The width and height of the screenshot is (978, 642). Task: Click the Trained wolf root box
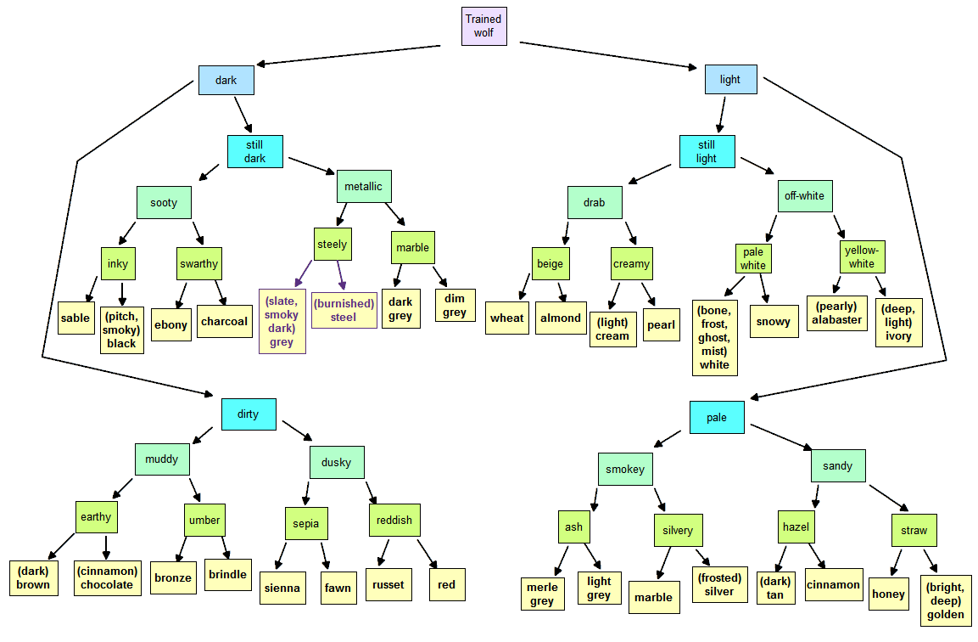(484, 26)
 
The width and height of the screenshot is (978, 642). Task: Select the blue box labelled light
(731, 79)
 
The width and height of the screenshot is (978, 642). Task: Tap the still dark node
(255, 152)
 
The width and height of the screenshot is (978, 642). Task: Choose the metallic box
(364, 186)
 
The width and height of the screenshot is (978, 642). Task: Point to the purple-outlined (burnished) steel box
(344, 310)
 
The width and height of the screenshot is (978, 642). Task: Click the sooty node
(164, 202)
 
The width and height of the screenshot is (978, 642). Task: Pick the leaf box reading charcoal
(225, 321)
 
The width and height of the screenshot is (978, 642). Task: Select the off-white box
(805, 195)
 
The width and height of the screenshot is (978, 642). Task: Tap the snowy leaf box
(774, 322)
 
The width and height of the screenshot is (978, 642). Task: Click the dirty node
(249, 414)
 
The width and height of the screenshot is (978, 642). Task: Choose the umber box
(204, 521)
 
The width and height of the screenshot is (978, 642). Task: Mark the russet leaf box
(388, 584)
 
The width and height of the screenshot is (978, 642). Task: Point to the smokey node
(626, 469)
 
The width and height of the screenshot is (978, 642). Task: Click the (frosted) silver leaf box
(720, 584)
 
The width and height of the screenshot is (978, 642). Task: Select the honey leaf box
(889, 594)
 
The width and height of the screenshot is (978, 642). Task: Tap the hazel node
(796, 527)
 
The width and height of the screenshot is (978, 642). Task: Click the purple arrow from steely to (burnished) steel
(341, 275)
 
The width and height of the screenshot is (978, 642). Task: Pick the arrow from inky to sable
(91, 289)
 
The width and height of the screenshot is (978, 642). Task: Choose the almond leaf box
(561, 318)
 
